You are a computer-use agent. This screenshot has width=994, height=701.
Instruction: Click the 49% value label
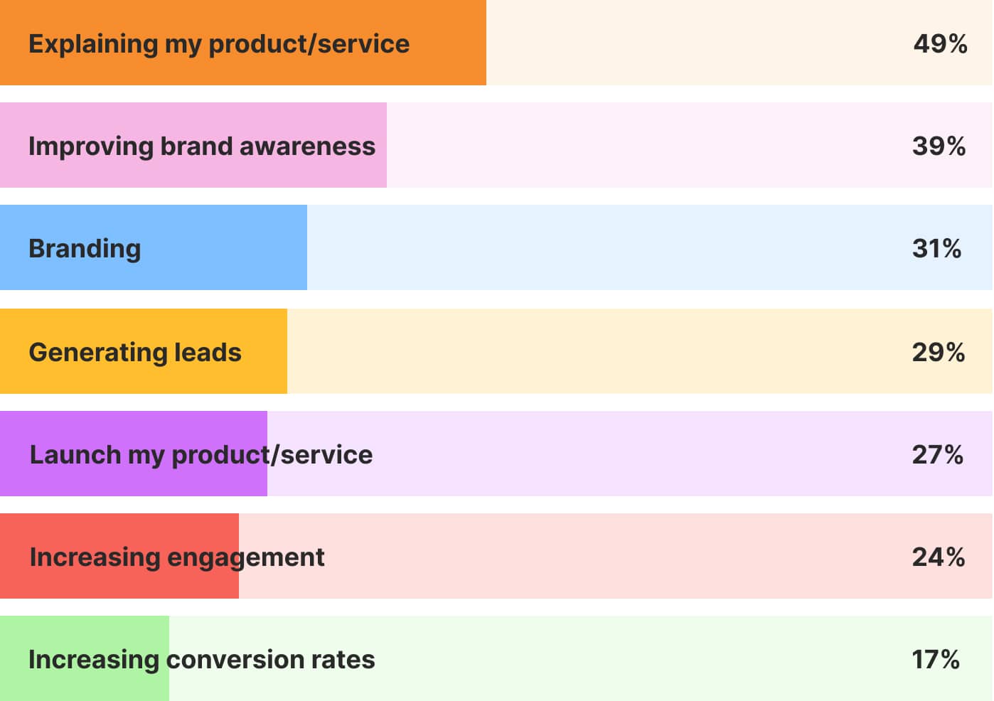(940, 44)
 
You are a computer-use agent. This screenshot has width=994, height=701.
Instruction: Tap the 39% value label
(939, 146)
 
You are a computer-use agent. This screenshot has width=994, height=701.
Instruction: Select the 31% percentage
(936, 248)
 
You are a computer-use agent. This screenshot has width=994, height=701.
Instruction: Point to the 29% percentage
(938, 352)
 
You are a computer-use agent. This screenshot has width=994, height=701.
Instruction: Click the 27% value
(937, 455)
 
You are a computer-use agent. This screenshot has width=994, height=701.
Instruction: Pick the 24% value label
(938, 557)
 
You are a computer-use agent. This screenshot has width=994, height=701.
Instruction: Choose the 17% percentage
(936, 659)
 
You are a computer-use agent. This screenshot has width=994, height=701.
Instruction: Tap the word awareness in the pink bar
(307, 146)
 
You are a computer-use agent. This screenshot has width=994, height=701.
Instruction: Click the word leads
(208, 352)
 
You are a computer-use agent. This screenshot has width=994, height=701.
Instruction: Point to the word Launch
(75, 455)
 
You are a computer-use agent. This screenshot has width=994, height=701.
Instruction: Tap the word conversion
(235, 659)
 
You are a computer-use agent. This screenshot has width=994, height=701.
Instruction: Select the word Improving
(91, 147)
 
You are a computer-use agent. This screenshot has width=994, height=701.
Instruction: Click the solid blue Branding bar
(154, 247)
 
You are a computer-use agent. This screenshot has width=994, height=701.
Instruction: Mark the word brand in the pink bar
(196, 146)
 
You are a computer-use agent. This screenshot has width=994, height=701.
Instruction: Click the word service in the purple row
(326, 455)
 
